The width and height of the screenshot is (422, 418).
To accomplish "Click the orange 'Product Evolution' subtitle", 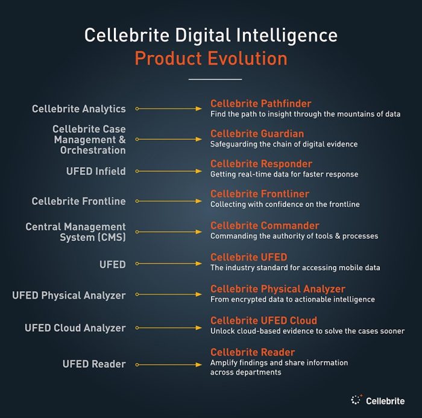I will click(210, 59).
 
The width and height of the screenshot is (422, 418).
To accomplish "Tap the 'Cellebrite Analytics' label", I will click(79, 109).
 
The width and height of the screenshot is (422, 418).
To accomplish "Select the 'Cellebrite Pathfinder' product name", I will click(260, 103).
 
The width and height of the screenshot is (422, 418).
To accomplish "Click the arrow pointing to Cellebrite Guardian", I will click(169, 140).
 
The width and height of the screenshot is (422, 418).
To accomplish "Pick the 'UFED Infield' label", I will click(96, 171).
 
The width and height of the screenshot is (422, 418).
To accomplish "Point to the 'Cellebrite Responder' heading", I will click(261, 164).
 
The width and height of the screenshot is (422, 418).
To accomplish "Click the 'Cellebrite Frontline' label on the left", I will click(79, 201).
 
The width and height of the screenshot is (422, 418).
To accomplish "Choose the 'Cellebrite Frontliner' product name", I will click(259, 194).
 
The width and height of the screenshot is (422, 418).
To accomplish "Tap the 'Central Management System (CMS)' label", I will click(75, 232).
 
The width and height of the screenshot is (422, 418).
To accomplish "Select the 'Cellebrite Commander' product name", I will click(265, 226).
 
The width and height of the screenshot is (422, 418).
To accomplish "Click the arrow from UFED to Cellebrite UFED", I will click(169, 264).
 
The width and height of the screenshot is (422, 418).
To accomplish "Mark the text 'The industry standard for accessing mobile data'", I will click(295, 268).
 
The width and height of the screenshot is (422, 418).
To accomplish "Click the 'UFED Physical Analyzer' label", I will click(69, 296).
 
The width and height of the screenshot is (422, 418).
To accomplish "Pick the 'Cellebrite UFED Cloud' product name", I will click(263, 320).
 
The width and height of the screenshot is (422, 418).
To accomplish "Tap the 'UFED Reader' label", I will click(94, 364).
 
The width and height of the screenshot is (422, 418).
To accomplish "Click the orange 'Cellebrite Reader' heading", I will click(253, 352).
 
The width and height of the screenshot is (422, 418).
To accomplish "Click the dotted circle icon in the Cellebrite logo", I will click(356, 400).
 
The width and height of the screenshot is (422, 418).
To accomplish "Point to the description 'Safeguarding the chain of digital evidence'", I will click(284, 144).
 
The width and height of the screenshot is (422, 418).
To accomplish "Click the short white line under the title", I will click(215, 79).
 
